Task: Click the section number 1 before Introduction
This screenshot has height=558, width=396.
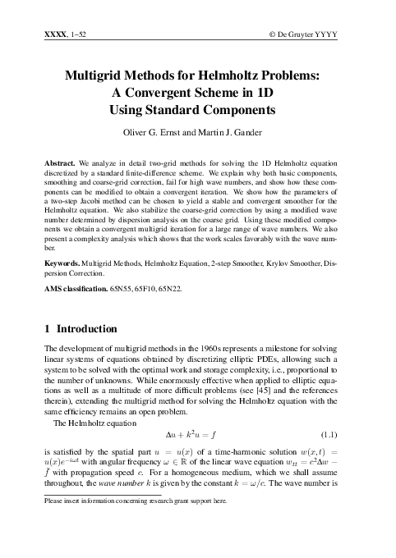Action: pos(47,330)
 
